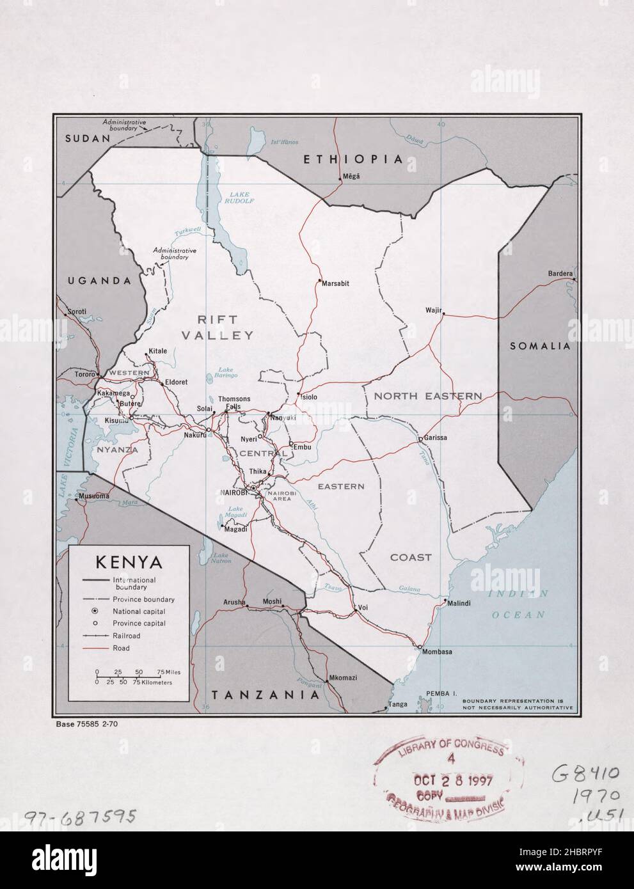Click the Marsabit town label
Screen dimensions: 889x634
pyautogui.click(x=335, y=283)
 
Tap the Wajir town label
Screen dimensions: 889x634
pyautogui.click(x=433, y=311)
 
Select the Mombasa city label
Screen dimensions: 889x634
pyautogui.click(x=436, y=652)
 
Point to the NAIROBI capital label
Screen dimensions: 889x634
pyautogui.click(x=234, y=492)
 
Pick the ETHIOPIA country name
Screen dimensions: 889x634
pyautogui.click(x=353, y=159)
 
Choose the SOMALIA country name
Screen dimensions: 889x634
pyautogui.click(x=539, y=346)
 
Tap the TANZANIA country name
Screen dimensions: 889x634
pyautogui.click(x=265, y=695)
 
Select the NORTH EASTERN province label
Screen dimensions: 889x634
pyautogui.click(x=427, y=397)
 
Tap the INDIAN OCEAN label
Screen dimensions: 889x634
pyautogui.click(x=519, y=604)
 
